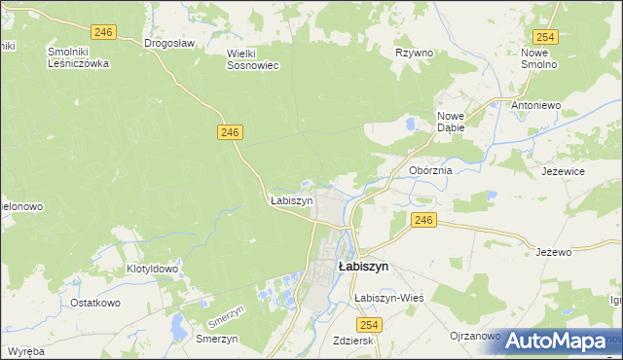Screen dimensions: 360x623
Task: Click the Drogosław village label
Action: (x=170, y=43)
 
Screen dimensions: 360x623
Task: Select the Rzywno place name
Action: (x=413, y=54)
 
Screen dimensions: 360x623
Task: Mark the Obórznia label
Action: (x=430, y=170)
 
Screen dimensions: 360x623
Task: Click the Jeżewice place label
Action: (x=563, y=171)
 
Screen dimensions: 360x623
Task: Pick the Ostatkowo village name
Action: (x=94, y=303)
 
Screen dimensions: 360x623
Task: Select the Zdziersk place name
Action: (x=353, y=342)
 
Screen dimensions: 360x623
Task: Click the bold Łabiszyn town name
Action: (x=363, y=266)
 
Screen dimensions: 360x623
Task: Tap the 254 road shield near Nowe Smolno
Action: (x=545, y=36)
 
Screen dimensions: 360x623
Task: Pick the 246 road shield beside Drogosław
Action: (x=105, y=32)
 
